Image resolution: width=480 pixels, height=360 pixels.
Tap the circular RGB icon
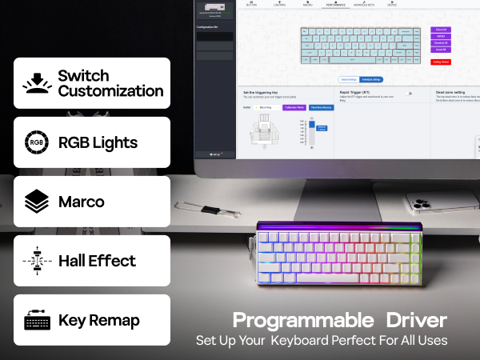(36, 142)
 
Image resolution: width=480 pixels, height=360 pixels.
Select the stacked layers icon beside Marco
(36, 202)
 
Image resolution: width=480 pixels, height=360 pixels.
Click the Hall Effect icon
(36, 261)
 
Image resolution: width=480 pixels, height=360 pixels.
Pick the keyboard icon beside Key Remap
(36, 320)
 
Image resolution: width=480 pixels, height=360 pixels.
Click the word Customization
(110, 90)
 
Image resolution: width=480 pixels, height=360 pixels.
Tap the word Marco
(82, 202)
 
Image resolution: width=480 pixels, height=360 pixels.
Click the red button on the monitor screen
(440, 62)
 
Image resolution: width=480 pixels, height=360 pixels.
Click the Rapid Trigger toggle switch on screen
(409, 93)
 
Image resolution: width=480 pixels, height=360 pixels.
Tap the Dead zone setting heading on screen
(453, 92)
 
